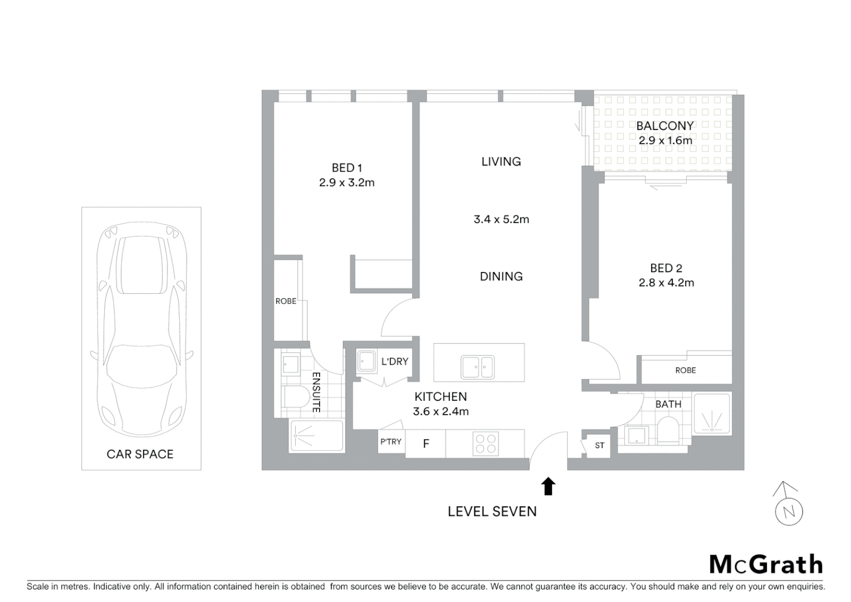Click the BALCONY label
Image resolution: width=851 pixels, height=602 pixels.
(665, 126)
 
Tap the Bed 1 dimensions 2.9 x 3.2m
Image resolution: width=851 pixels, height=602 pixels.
(346, 183)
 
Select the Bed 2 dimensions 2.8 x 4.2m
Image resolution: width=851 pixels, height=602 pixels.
(666, 283)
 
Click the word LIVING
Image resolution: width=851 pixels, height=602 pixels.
(501, 162)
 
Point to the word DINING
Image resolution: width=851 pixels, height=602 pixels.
(501, 276)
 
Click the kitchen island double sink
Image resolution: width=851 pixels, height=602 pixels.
(477, 367)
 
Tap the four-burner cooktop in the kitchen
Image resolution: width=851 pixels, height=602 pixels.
(485, 444)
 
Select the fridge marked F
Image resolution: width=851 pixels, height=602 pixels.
(425, 444)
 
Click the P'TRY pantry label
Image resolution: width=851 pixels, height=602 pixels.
(391, 441)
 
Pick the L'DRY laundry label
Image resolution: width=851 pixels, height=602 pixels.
(394, 362)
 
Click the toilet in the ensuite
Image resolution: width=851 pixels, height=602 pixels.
(295, 398)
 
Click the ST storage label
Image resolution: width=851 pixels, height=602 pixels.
(599, 445)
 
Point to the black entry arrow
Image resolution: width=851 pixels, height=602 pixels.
(549, 486)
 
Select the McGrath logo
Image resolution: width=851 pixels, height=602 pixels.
(766, 564)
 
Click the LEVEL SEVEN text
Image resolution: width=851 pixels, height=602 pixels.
(492, 512)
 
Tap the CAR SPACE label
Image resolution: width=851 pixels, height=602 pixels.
(140, 454)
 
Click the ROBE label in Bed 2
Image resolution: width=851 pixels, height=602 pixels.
(685, 370)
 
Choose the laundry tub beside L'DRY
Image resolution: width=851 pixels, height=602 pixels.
(366, 362)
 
